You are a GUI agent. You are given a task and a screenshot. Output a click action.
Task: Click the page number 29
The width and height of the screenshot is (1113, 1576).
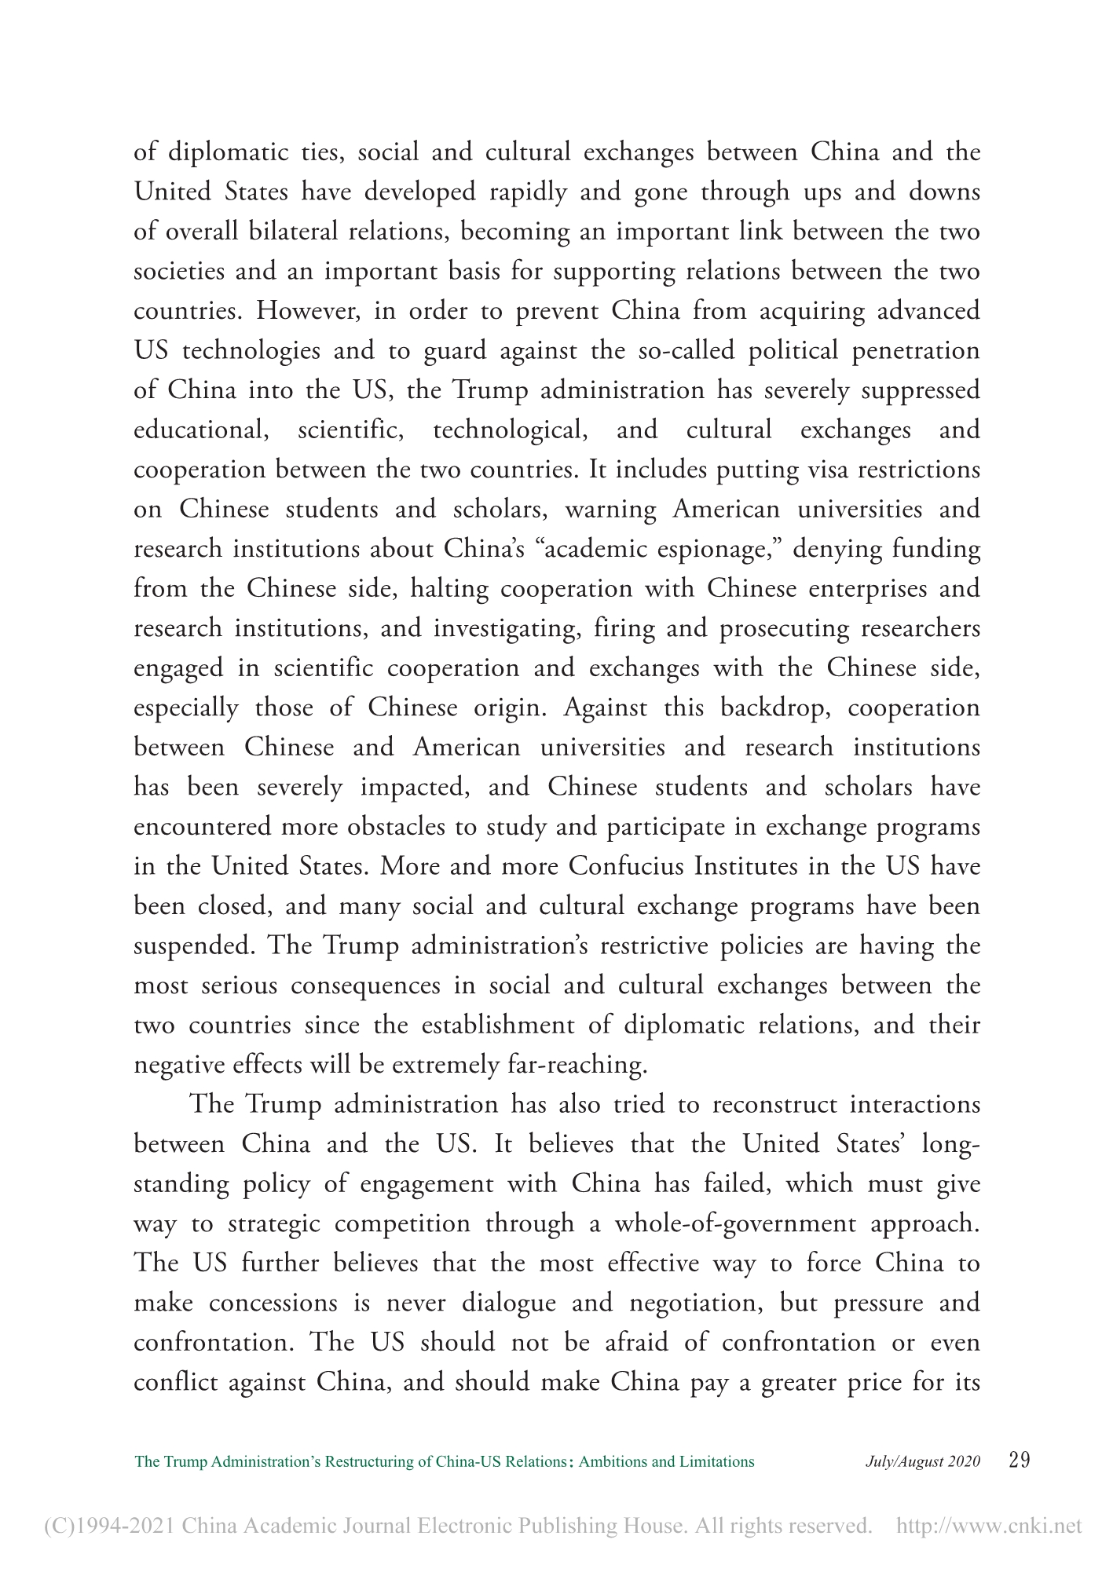[1018, 1461]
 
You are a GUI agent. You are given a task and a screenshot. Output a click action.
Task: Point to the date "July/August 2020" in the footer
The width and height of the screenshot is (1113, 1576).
[923, 1461]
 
